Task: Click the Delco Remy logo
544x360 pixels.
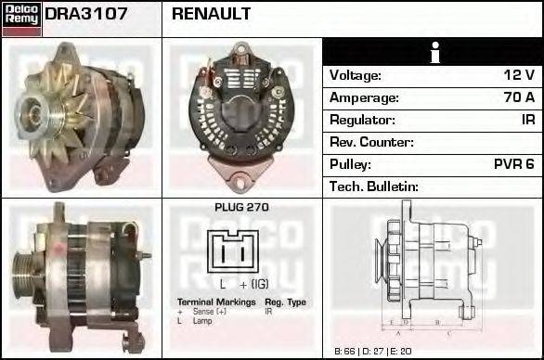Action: pos(21,19)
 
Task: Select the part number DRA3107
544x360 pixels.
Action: pos(86,15)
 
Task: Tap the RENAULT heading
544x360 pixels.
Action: pos(211,15)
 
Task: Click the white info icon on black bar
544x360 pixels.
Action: pos(433,52)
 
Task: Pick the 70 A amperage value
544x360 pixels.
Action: pos(518,97)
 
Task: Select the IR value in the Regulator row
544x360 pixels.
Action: pos(527,120)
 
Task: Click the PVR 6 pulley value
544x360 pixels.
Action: pos(515,164)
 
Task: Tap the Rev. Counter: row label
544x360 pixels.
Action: pos(371,142)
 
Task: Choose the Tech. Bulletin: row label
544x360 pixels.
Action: pos(374,186)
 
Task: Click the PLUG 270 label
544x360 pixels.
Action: pos(241,208)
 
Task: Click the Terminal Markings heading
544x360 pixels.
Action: pos(216,302)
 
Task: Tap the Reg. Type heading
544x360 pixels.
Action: pos(285,302)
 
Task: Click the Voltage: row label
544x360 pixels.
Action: pos(356,75)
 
